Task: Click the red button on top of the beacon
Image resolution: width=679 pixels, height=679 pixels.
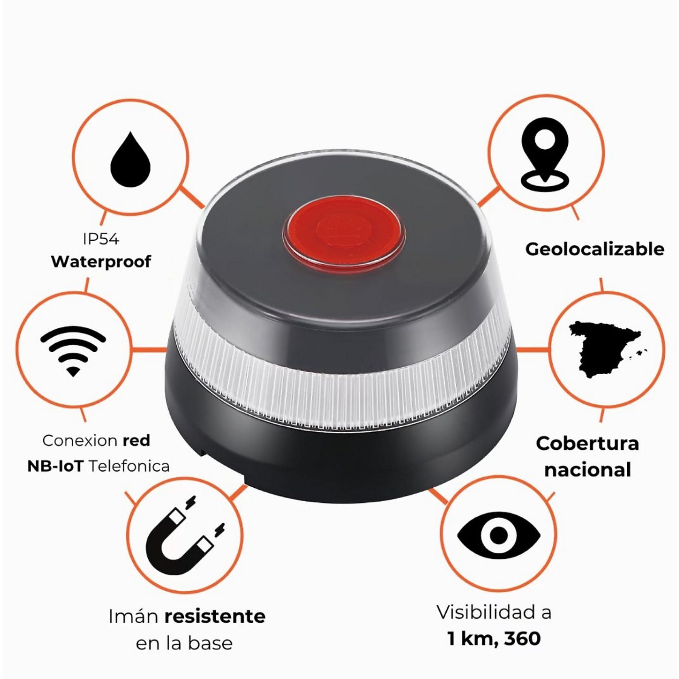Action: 344,232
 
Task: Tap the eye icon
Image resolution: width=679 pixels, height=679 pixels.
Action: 499,535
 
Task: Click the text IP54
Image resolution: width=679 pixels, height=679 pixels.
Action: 101,239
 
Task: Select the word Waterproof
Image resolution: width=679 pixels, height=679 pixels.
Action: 101,261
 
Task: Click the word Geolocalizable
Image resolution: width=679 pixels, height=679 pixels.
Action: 595,249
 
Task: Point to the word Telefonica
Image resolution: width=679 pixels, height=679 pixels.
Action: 129,466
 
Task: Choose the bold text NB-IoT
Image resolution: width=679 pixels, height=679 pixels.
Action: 55,467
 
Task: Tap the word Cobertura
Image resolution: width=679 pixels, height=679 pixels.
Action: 587,444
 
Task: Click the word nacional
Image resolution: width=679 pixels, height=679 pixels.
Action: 588,470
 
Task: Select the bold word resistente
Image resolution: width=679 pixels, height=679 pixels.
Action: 215,616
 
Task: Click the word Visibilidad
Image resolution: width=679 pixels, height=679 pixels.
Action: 487,612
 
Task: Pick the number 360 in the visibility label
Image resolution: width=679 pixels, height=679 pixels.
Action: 522,639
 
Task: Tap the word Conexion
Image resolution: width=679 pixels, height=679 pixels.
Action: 80,441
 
